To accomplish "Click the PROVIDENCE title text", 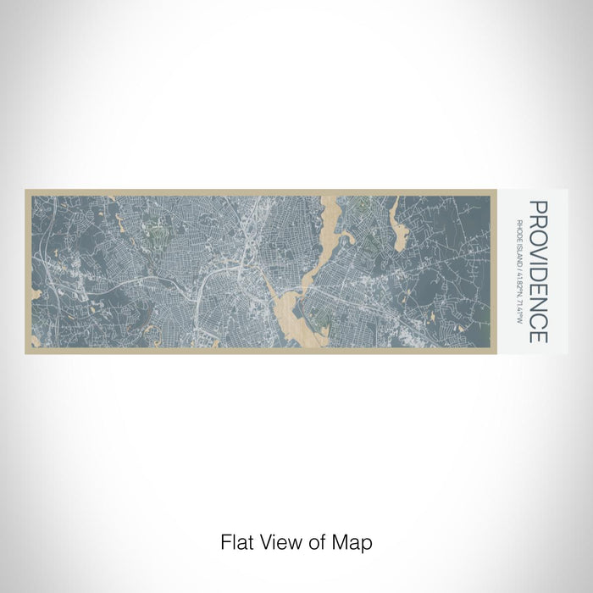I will coord(538,271).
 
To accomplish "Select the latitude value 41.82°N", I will coord(518,285).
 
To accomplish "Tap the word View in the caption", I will coord(273,540).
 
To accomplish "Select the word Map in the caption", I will coord(356,540).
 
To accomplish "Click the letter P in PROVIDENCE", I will coord(538,208).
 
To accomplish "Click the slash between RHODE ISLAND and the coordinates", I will coord(518,269).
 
